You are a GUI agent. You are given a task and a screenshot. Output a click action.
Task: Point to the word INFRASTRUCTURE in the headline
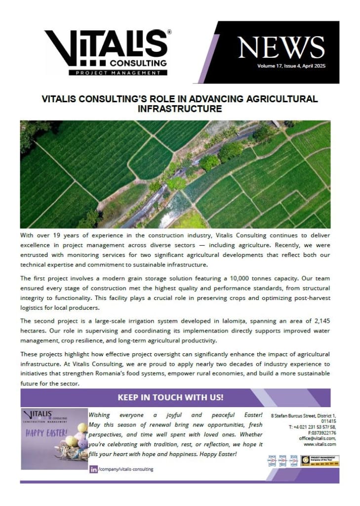click(x=180, y=109)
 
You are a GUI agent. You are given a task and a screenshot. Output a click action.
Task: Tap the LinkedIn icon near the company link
click(x=93, y=469)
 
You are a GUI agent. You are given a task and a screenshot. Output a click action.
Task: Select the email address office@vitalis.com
click(x=317, y=438)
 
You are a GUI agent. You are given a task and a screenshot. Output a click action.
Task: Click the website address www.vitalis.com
click(x=320, y=444)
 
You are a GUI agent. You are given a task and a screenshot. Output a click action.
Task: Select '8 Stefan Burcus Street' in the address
click(x=293, y=417)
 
